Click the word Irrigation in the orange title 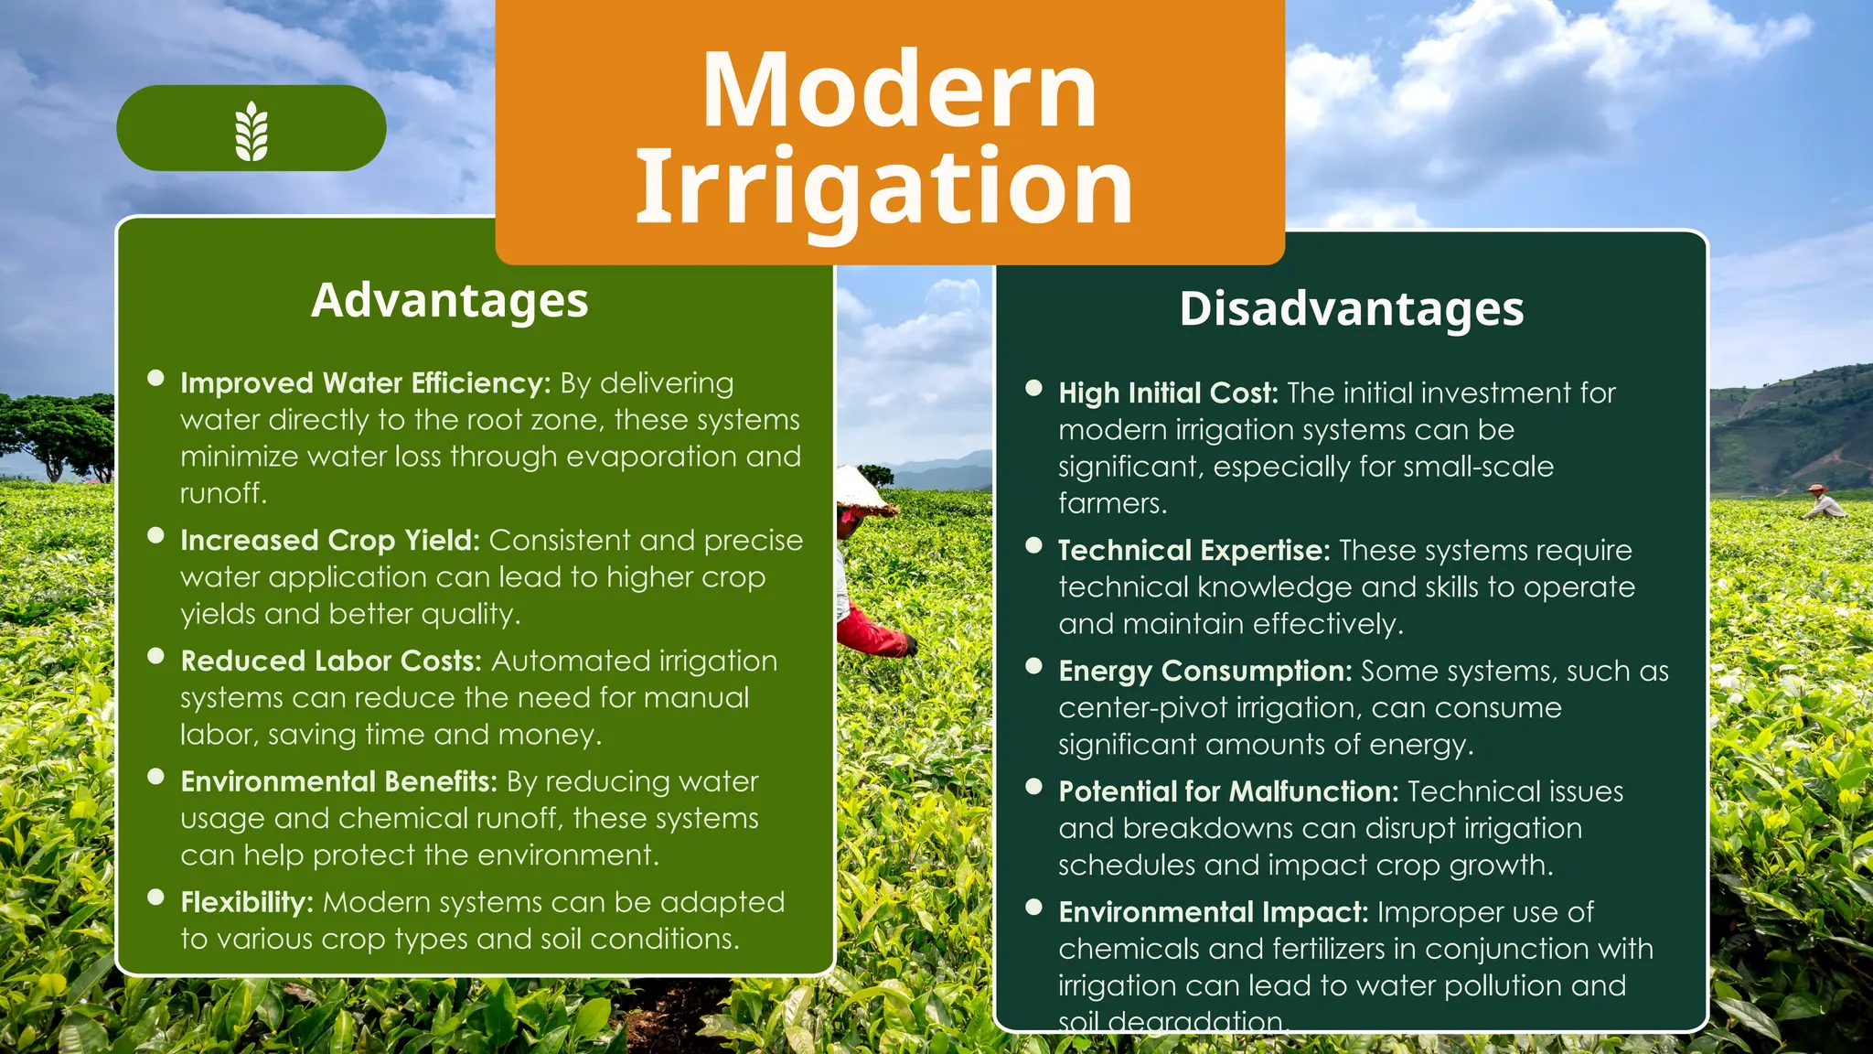(x=883, y=187)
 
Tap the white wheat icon (x=252, y=131)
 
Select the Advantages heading (x=449, y=300)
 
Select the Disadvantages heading (x=1352, y=308)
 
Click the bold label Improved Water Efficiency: (x=365, y=382)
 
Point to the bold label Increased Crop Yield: (x=329, y=540)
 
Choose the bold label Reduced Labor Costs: (x=330, y=661)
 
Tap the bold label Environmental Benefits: (x=338, y=781)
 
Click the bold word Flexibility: (x=247, y=902)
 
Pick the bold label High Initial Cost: (x=1168, y=393)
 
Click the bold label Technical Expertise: (x=1193, y=550)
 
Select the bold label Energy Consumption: (x=1204, y=671)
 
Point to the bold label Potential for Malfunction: (x=1228, y=791)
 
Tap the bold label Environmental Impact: (x=1213, y=912)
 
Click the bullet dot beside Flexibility (x=155, y=898)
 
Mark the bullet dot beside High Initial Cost (x=1034, y=388)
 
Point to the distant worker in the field (x=1823, y=502)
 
